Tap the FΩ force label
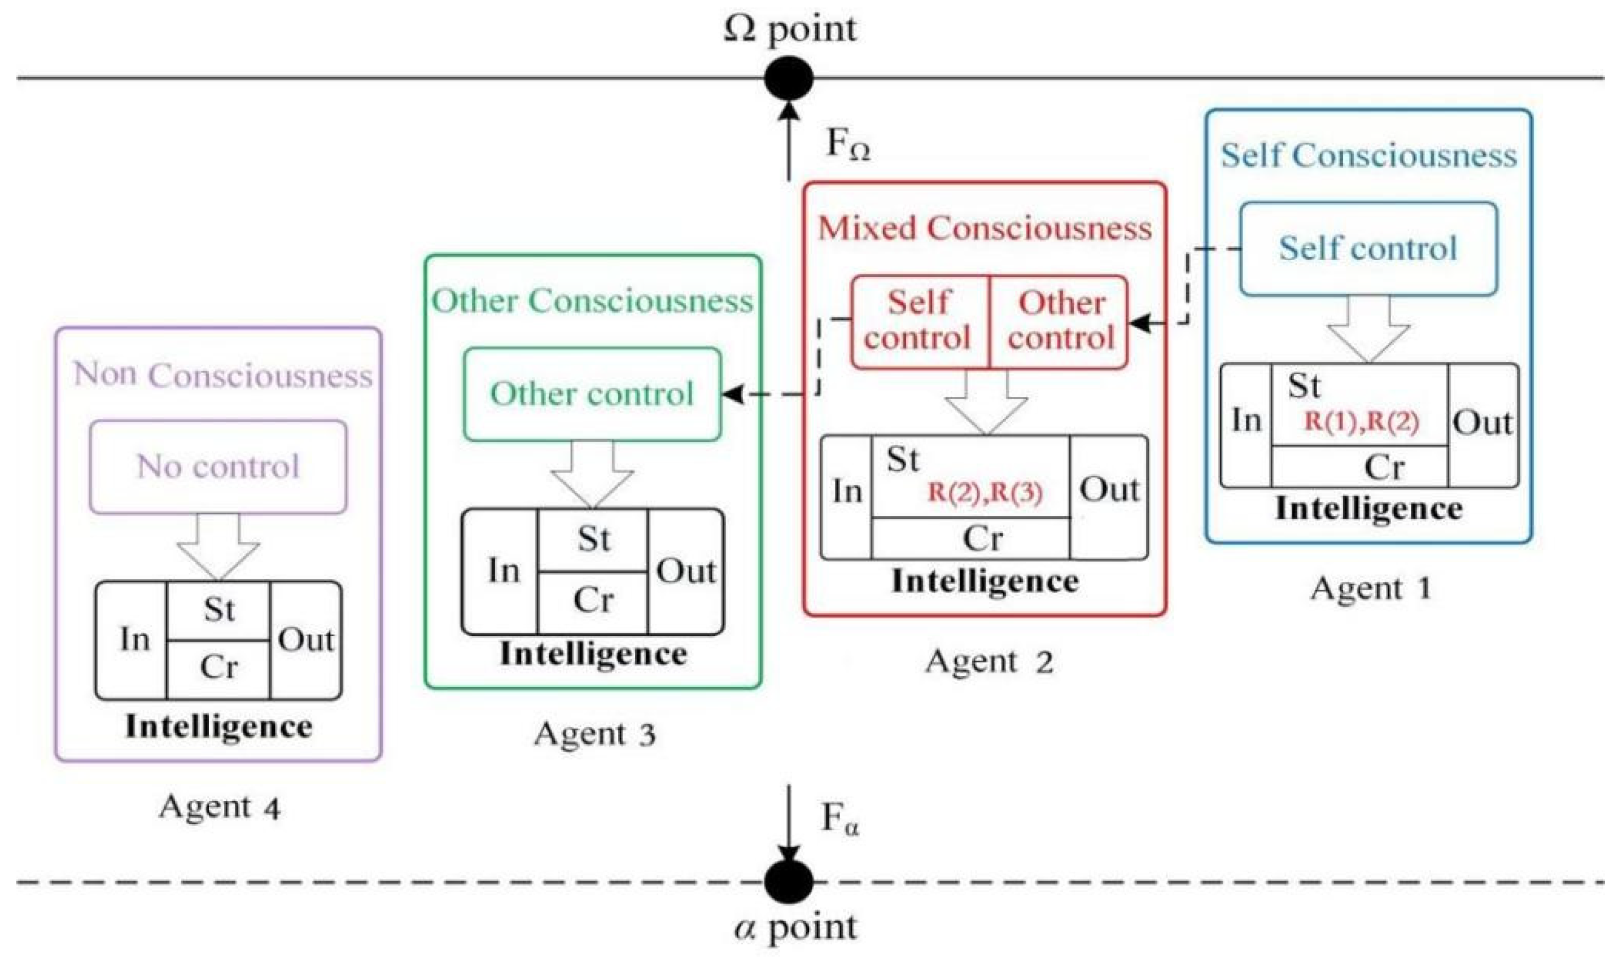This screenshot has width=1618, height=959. tap(849, 146)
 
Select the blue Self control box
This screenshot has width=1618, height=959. tap(1368, 249)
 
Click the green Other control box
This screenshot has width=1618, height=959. tap(592, 394)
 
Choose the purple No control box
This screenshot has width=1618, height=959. tap(218, 467)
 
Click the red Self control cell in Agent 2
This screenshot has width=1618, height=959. tap(920, 322)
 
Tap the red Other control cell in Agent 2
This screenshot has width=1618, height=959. tap(1059, 322)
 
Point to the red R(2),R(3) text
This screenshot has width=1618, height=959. tap(985, 493)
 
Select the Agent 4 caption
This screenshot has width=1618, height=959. tap(220, 807)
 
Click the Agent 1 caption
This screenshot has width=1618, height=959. tap(1371, 588)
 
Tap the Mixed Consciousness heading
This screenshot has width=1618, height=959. tap(985, 228)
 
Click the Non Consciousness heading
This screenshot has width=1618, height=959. tap(223, 375)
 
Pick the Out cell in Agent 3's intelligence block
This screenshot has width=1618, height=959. tap(685, 571)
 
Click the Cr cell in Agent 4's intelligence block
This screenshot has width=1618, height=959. tap(218, 669)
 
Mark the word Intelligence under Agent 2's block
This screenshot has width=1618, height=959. tap(985, 581)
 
